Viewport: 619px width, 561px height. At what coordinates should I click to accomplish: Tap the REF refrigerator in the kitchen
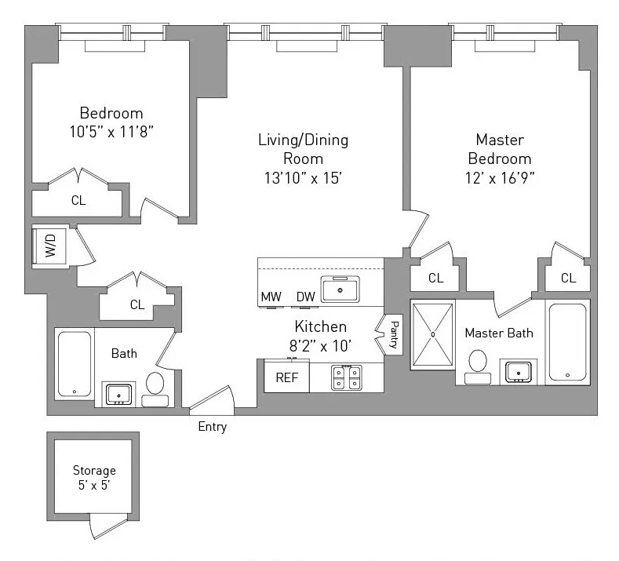tap(286, 377)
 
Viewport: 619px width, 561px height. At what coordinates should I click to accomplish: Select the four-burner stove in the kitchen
tap(346, 377)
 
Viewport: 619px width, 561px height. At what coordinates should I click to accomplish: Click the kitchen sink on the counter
tap(340, 289)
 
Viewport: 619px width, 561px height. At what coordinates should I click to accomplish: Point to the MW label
tap(271, 297)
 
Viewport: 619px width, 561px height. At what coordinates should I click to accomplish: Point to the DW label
tap(305, 297)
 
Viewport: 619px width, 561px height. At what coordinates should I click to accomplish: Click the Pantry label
tap(392, 334)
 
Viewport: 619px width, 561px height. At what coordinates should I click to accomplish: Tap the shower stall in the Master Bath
tap(432, 334)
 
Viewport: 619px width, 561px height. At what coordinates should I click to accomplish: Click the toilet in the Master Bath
tap(477, 366)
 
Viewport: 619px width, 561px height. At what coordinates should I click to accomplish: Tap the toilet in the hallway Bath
tap(155, 389)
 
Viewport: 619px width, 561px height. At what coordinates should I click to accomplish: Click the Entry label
tap(212, 427)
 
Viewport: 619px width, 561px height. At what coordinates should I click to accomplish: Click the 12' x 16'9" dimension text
tap(500, 177)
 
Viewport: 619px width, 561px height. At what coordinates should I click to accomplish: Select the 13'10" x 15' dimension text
tap(303, 177)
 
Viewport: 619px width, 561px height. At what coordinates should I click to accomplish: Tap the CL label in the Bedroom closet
tap(78, 200)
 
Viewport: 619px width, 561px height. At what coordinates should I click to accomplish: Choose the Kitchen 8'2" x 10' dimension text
tap(321, 343)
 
